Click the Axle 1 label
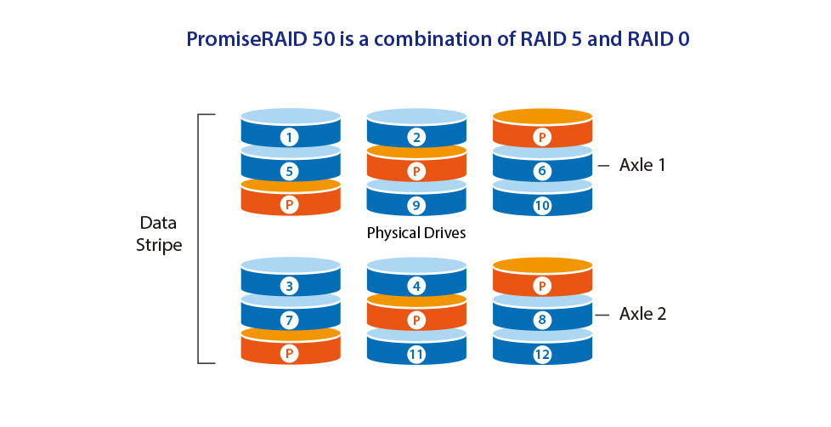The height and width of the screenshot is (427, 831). pyautogui.click(x=642, y=165)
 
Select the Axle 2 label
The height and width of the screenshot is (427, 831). pyautogui.click(x=643, y=314)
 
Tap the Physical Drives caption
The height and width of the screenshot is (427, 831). pyautogui.click(x=416, y=233)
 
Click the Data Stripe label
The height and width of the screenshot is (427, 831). pyautogui.click(x=158, y=234)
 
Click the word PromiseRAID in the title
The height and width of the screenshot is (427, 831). pyautogui.click(x=246, y=39)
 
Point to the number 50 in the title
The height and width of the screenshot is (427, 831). pyautogui.click(x=324, y=39)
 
